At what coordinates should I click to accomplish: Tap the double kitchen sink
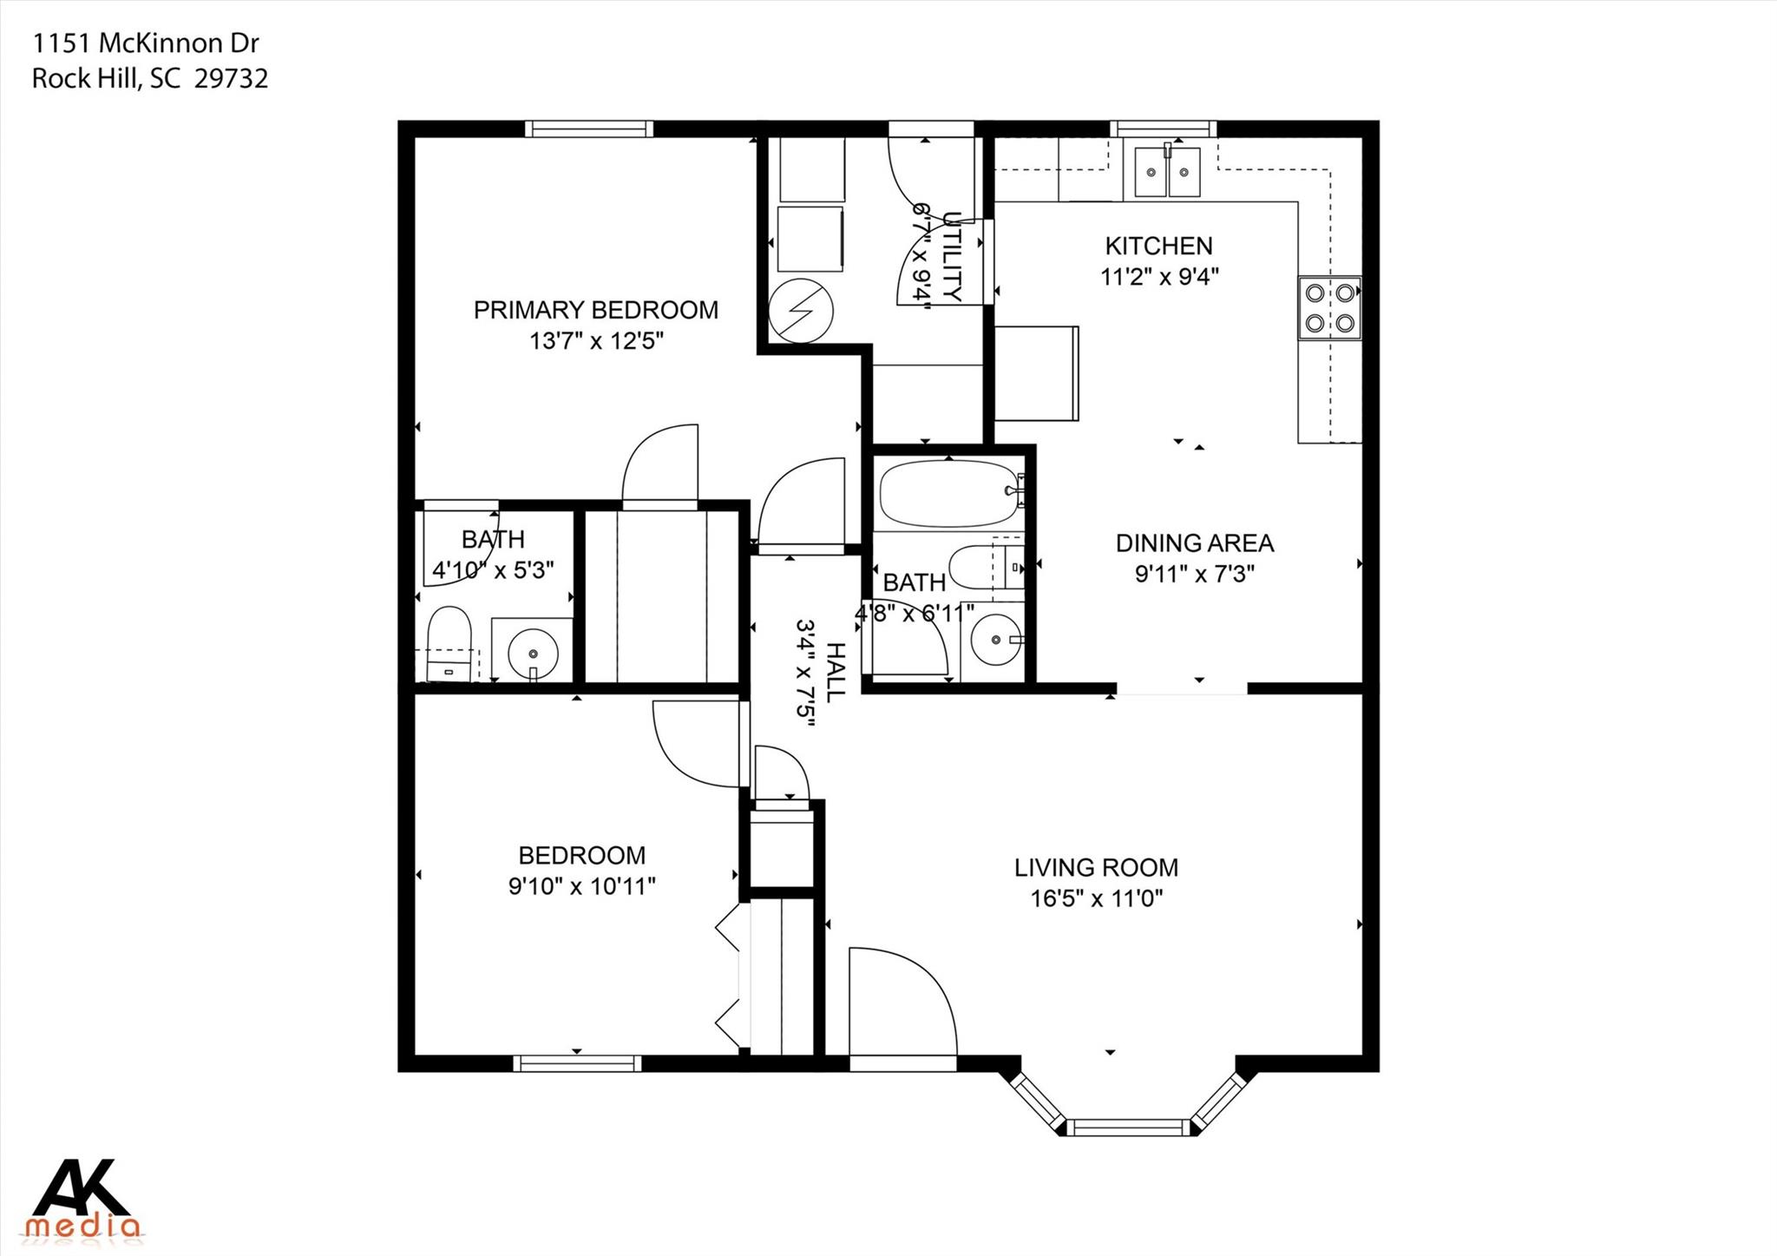(x=1167, y=172)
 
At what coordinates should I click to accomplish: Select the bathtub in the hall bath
(x=948, y=493)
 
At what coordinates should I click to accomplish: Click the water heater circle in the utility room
(x=800, y=311)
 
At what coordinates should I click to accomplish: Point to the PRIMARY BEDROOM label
(x=595, y=310)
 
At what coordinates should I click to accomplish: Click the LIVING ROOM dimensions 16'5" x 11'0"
(x=1096, y=898)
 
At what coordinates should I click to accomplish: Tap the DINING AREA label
(x=1194, y=543)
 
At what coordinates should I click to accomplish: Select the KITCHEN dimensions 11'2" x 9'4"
(x=1159, y=277)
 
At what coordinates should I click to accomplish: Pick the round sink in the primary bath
(x=532, y=651)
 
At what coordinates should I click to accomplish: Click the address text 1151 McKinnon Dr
(x=145, y=43)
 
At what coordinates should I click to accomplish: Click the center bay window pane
(x=1127, y=1128)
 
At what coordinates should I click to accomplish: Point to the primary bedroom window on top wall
(x=588, y=129)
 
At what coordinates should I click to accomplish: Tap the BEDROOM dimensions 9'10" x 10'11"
(x=581, y=886)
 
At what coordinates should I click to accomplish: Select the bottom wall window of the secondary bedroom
(x=577, y=1063)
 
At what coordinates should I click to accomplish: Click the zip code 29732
(x=231, y=79)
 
